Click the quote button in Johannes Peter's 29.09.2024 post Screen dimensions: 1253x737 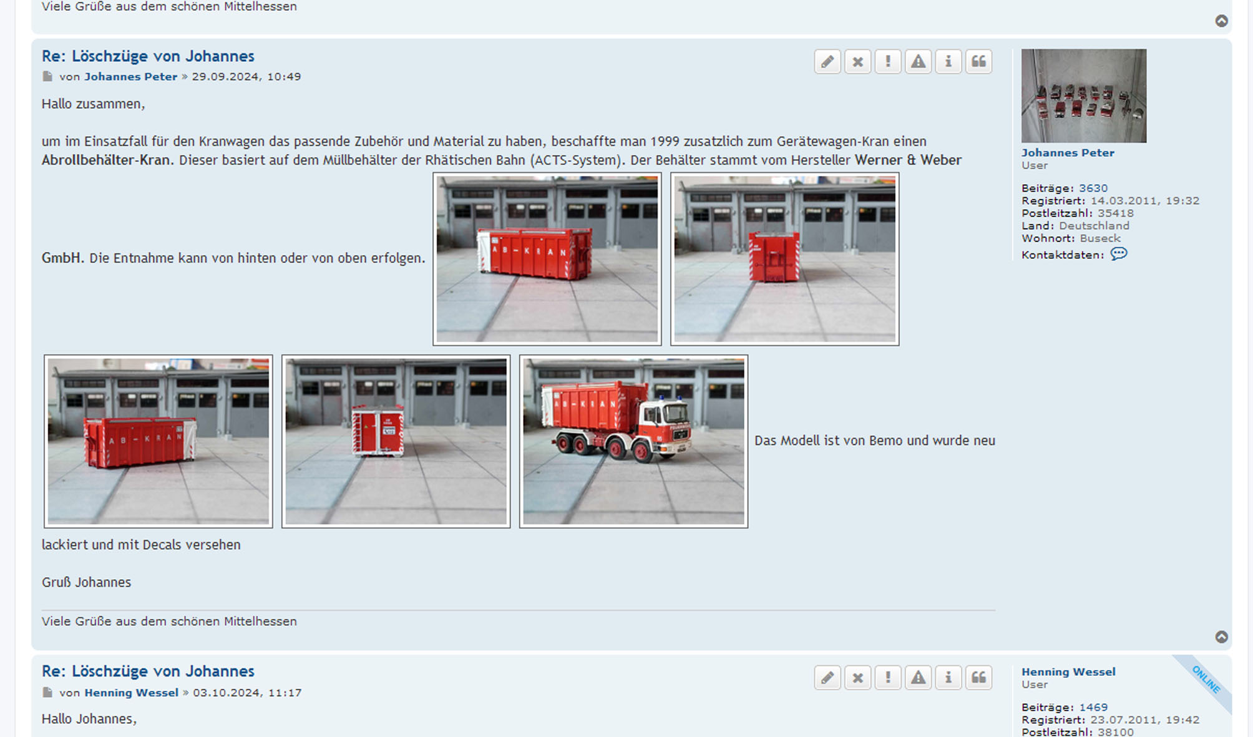(978, 61)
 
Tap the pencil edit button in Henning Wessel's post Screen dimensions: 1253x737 (827, 677)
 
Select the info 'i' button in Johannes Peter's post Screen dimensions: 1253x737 (948, 61)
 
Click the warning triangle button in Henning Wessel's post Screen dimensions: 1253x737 (918, 677)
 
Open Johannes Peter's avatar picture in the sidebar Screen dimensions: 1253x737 (1084, 95)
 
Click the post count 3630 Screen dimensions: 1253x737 (1093, 188)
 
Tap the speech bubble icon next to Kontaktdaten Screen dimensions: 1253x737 (1119, 254)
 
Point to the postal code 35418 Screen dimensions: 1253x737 (1116, 213)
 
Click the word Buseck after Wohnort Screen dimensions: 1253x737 (1100, 238)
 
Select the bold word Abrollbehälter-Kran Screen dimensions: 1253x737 (106, 160)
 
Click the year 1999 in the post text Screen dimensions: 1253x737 (665, 141)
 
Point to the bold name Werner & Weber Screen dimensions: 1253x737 (908, 160)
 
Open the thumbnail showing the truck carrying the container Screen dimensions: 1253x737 (633, 441)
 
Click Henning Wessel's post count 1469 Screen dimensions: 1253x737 (1093, 707)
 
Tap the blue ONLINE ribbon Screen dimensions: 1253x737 (1206, 680)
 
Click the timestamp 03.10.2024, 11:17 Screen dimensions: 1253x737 (247, 692)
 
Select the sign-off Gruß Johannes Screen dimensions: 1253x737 (86, 582)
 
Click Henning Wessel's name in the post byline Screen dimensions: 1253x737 (131, 692)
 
